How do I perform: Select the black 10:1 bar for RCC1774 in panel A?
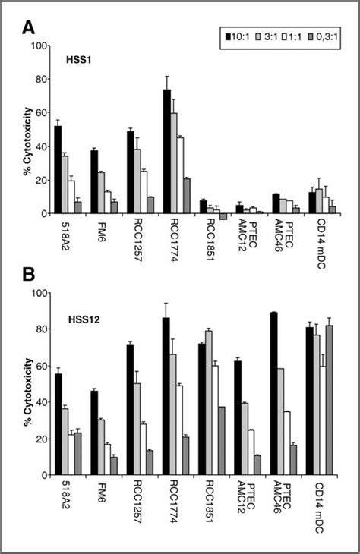pyautogui.click(x=166, y=152)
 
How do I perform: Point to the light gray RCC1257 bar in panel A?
pyautogui.click(x=137, y=181)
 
